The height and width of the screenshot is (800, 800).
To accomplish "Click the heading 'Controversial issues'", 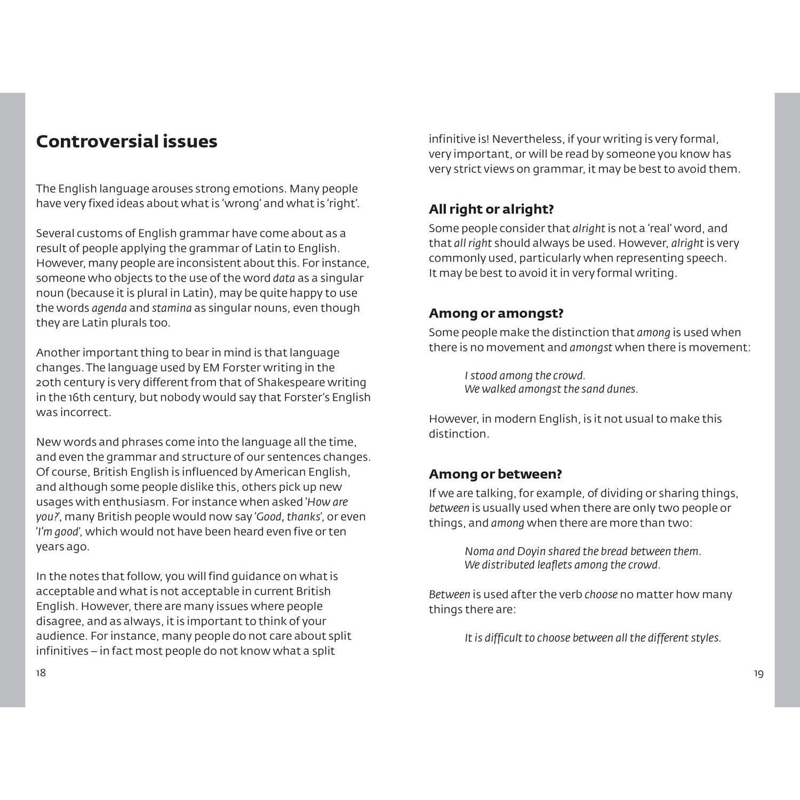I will tap(126, 141).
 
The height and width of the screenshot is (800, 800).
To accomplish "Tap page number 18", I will tap(41, 673).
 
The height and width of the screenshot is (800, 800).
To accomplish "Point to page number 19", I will tap(758, 674).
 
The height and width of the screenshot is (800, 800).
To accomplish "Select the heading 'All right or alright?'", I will tap(491, 209).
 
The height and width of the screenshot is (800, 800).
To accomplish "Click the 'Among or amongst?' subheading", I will tap(496, 313).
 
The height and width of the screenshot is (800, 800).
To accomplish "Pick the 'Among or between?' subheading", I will tap(495, 474).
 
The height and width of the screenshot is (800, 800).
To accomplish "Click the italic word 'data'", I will tap(283, 278).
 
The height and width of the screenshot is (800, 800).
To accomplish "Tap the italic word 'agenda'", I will tap(109, 308).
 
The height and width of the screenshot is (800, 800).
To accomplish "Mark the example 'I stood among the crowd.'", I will tap(525, 375).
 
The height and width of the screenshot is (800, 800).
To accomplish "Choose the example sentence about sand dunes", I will tap(551, 389).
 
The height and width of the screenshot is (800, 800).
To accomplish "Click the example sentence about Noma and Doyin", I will tap(582, 551).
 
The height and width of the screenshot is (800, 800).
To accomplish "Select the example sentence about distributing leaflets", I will tap(562, 565).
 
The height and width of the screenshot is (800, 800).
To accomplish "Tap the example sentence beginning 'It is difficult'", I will tap(593, 638).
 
